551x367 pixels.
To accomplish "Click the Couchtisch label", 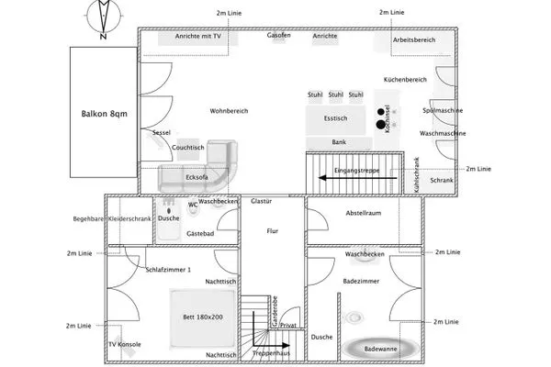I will [x=188, y=147].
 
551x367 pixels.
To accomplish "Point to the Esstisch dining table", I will [x=337, y=117].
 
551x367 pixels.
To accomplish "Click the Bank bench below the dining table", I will [x=339, y=143].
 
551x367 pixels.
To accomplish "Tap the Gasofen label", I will [x=279, y=36].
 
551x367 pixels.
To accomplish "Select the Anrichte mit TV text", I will [x=198, y=36].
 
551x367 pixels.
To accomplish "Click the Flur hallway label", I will [x=273, y=231].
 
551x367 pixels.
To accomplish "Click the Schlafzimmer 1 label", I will [x=169, y=270].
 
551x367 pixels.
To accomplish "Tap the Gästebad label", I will [x=200, y=235].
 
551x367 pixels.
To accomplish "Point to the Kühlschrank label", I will [x=416, y=173].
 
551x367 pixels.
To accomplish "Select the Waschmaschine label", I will [x=444, y=134].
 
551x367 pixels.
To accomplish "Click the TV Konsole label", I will [x=124, y=345].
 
